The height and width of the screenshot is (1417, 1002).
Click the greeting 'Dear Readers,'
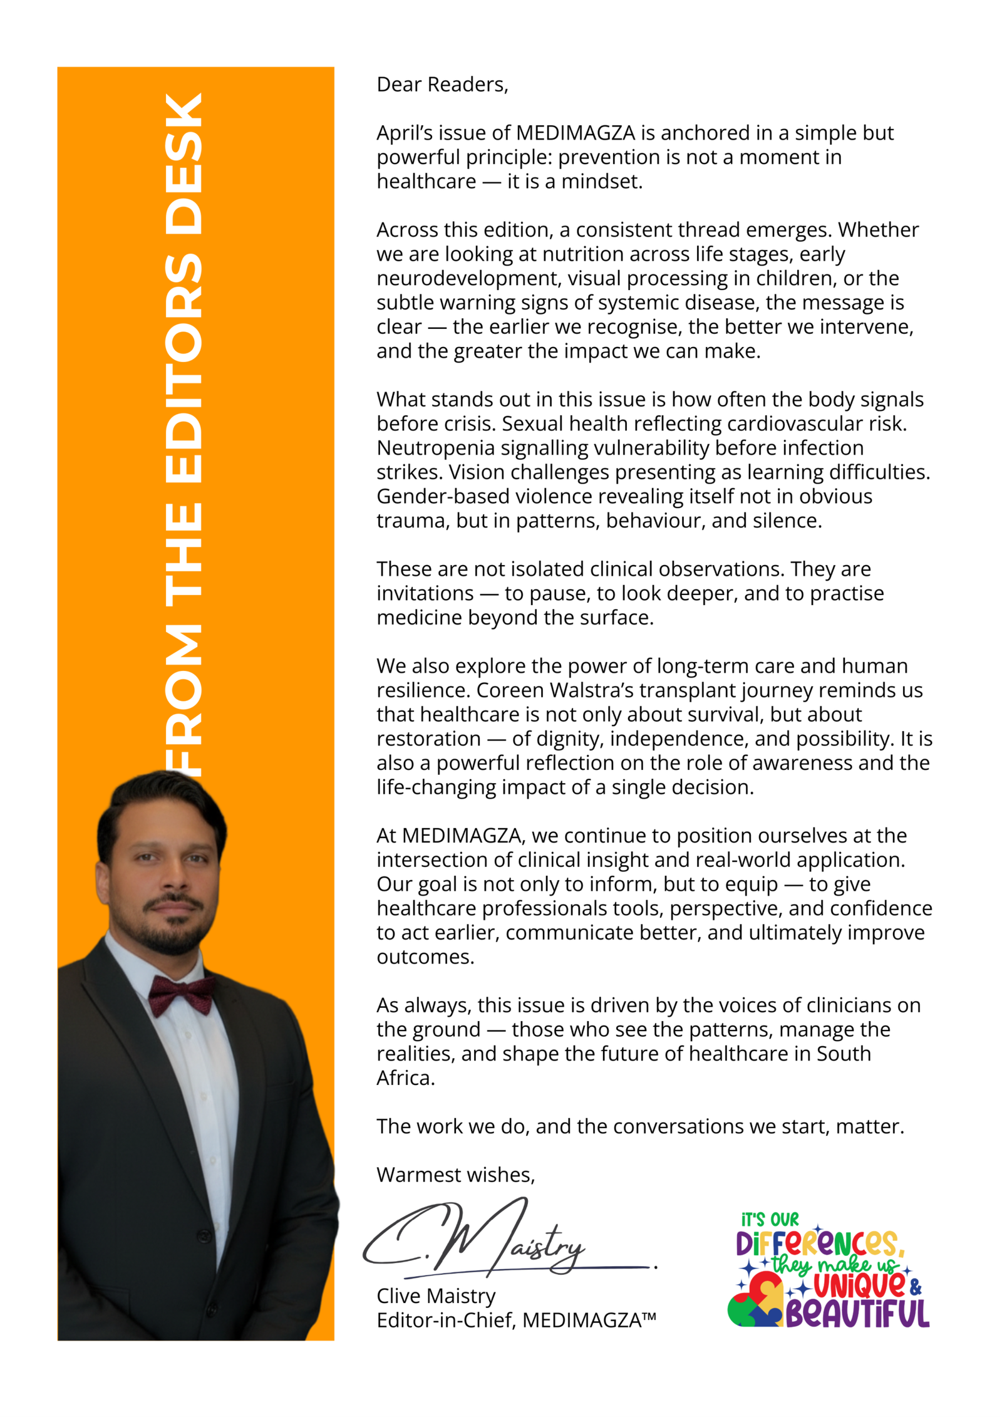(x=442, y=84)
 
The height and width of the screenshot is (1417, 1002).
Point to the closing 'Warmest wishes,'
(x=456, y=1175)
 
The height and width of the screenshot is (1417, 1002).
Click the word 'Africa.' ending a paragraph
(x=406, y=1077)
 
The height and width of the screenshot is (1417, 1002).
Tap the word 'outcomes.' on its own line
(x=425, y=957)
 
